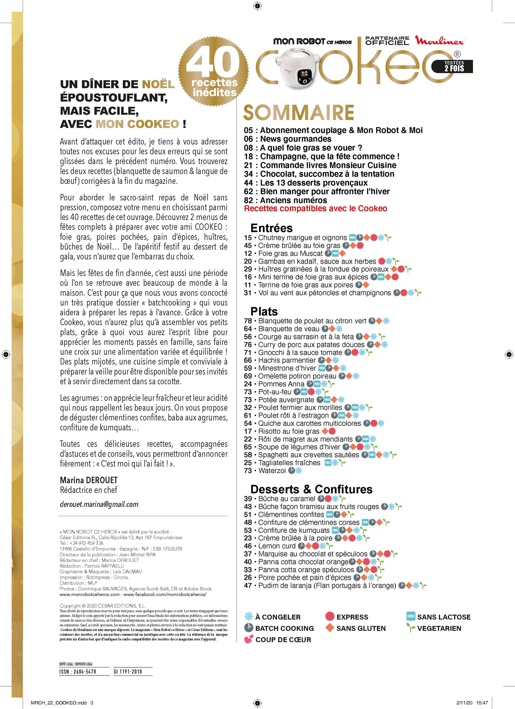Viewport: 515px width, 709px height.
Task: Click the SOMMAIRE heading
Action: click(x=298, y=112)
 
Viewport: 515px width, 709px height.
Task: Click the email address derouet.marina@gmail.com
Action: click(x=99, y=504)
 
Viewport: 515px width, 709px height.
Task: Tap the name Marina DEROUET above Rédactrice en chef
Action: click(x=89, y=480)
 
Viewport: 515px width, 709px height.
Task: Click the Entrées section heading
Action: click(x=272, y=228)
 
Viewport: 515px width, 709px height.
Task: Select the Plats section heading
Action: click(x=264, y=311)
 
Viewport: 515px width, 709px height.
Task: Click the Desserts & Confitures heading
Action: click(x=311, y=489)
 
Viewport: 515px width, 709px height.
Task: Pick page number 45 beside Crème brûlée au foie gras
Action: click(x=248, y=246)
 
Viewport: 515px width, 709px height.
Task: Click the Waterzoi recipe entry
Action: click(x=272, y=470)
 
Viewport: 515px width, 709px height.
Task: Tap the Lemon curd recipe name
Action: click(x=277, y=546)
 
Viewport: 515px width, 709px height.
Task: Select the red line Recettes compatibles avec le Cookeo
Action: click(x=315, y=208)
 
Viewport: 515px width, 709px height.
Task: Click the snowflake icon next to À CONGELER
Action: click(x=248, y=616)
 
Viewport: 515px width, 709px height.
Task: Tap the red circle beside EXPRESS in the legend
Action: click(x=330, y=616)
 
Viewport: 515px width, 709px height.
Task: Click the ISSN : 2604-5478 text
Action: click(x=78, y=671)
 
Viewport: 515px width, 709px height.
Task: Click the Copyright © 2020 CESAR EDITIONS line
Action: click(x=103, y=606)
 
